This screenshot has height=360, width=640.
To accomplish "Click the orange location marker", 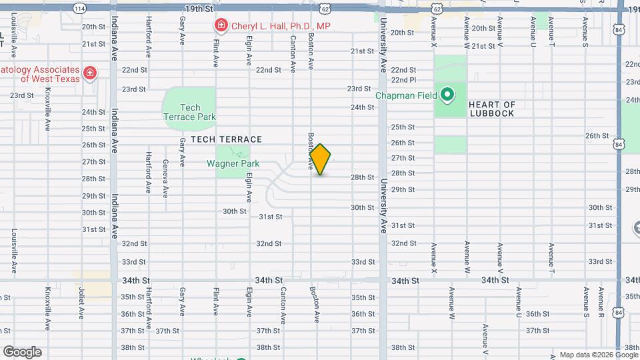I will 321,159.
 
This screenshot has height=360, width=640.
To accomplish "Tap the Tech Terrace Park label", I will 190,112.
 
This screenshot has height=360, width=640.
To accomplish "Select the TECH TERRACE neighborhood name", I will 226,139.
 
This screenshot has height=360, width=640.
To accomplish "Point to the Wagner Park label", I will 233,163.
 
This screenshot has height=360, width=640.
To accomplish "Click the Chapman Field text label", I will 406,95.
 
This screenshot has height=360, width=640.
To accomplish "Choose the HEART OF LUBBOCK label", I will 492,109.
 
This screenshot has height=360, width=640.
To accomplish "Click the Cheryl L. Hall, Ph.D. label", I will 281,26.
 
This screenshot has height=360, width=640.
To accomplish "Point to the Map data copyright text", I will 599,355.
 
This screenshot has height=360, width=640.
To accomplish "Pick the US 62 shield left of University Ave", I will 325,9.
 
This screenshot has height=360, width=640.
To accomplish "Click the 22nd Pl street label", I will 403,79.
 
